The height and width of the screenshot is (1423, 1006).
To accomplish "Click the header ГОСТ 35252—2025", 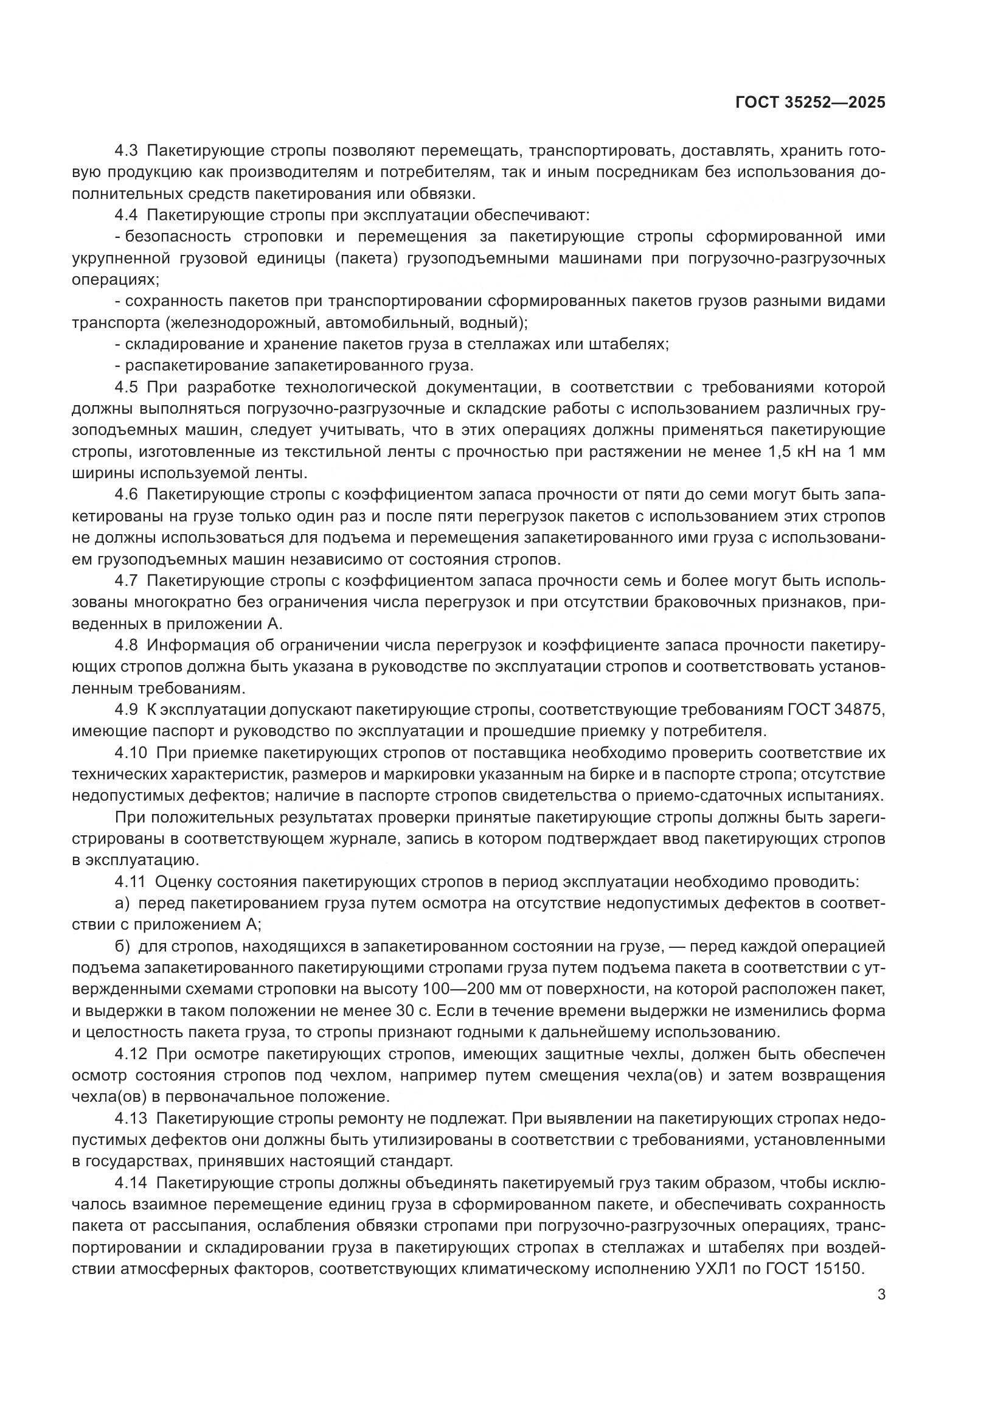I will click(x=810, y=103).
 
